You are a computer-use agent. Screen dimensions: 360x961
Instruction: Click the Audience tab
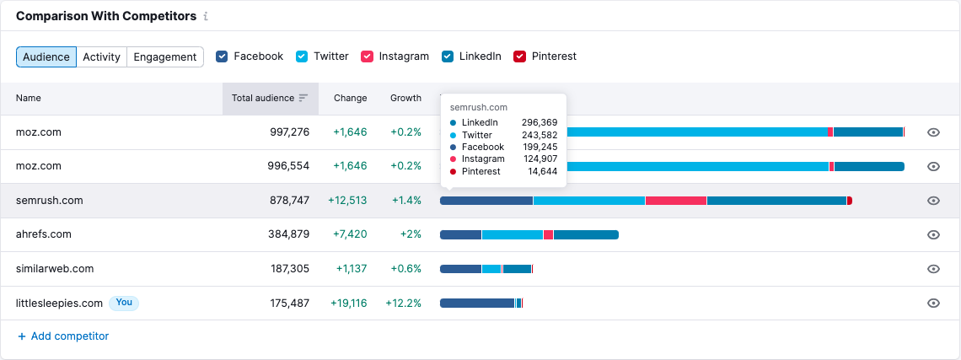click(x=46, y=56)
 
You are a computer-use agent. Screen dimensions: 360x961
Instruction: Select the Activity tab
click(x=101, y=56)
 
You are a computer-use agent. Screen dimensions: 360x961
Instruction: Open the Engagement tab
click(x=164, y=56)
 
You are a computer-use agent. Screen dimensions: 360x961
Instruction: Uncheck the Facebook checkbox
click(x=223, y=56)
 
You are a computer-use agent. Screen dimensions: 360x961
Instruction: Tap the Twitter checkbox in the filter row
click(x=302, y=56)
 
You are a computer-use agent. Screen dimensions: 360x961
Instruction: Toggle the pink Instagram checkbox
click(x=368, y=56)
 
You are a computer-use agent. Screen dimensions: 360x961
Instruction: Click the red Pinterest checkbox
click(x=520, y=56)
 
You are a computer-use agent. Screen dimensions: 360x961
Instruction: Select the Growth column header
click(x=405, y=98)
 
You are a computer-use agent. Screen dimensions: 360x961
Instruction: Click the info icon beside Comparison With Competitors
click(x=207, y=17)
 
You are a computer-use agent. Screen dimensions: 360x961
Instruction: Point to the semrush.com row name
click(x=50, y=201)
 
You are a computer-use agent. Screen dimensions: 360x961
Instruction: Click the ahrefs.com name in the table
click(x=44, y=234)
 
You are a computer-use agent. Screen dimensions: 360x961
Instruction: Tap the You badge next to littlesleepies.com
click(x=124, y=303)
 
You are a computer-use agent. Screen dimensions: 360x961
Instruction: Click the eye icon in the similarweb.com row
click(x=933, y=269)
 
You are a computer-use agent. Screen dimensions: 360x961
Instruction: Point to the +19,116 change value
click(x=348, y=303)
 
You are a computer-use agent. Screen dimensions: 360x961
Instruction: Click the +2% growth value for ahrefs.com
click(x=411, y=234)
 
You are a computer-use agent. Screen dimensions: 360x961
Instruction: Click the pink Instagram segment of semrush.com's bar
click(x=675, y=201)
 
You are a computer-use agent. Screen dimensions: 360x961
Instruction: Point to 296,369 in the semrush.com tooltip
click(x=539, y=123)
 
